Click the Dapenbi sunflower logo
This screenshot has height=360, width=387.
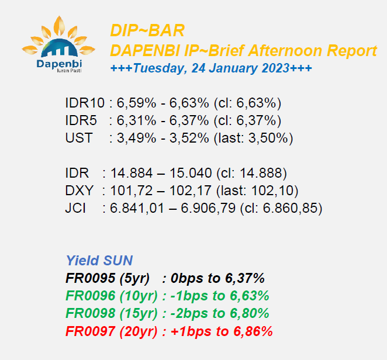click(58, 44)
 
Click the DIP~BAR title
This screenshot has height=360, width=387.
click(147, 30)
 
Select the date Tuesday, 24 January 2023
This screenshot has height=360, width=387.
click(211, 68)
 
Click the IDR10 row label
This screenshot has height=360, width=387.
click(85, 103)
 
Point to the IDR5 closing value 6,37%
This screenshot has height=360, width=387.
click(256, 120)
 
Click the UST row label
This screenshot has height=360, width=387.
click(79, 138)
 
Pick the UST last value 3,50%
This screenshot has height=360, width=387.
click(268, 138)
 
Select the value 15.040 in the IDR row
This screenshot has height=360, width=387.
click(191, 173)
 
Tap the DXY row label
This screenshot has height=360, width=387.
click(80, 191)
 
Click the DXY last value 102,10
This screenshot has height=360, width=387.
click(272, 191)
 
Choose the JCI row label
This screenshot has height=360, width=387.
click(75, 208)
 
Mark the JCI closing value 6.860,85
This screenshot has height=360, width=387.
click(290, 208)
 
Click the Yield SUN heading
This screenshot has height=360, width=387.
click(99, 261)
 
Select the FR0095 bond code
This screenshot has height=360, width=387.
click(91, 278)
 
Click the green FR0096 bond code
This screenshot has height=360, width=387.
click(91, 296)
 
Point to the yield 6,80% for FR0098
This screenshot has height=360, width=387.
click(249, 313)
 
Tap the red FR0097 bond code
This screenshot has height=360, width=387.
click(91, 331)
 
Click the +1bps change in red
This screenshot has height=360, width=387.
click(191, 331)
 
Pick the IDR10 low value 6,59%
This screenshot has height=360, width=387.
click(136, 103)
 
